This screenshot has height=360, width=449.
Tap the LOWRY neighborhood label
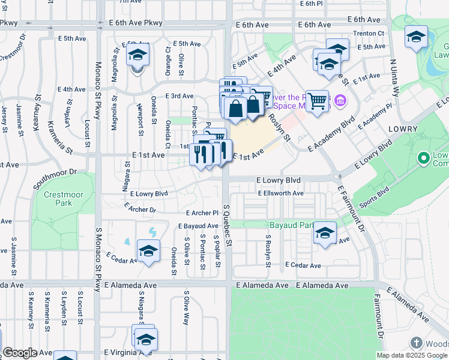point(403,129)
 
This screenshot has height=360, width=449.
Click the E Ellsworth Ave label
point(281,193)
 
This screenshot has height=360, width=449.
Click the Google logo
point(20,353)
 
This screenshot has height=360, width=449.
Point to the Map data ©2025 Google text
point(412,355)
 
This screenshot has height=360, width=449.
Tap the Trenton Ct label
point(368,33)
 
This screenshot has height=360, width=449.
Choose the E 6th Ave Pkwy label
point(136,23)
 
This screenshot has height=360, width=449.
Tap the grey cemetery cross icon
point(416,343)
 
